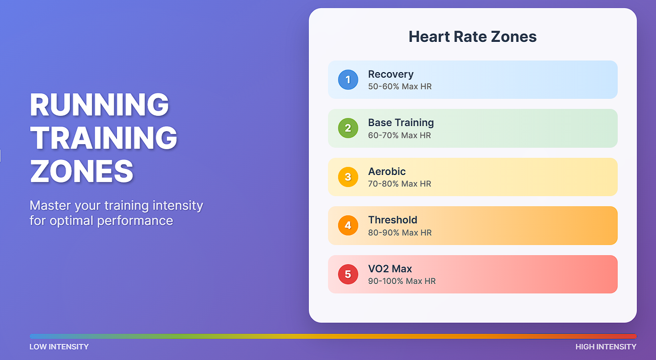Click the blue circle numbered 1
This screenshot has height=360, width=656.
[348, 80]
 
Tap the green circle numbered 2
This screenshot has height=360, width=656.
[348, 128]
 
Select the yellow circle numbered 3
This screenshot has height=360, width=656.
[348, 177]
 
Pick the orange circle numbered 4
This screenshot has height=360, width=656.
[348, 225]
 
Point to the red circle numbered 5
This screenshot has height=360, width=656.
[348, 274]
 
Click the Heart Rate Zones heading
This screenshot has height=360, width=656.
[473, 37]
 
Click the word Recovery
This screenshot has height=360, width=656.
[390, 74]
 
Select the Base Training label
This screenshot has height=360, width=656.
[401, 123]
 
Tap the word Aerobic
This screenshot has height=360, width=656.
[387, 171]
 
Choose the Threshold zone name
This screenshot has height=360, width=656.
[392, 220]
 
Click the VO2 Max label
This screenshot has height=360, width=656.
[390, 269]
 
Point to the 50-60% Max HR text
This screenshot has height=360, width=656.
[400, 87]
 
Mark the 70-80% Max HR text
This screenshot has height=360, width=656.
[400, 184]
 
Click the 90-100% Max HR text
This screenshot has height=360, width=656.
[402, 281]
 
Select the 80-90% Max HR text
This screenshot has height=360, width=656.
[400, 232]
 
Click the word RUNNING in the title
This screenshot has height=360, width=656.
[100, 105]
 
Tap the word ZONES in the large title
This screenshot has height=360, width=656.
[82, 171]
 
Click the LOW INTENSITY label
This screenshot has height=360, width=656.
[59, 347]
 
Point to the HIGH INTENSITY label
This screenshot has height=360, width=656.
[606, 347]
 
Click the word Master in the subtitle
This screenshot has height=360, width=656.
[50, 206]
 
